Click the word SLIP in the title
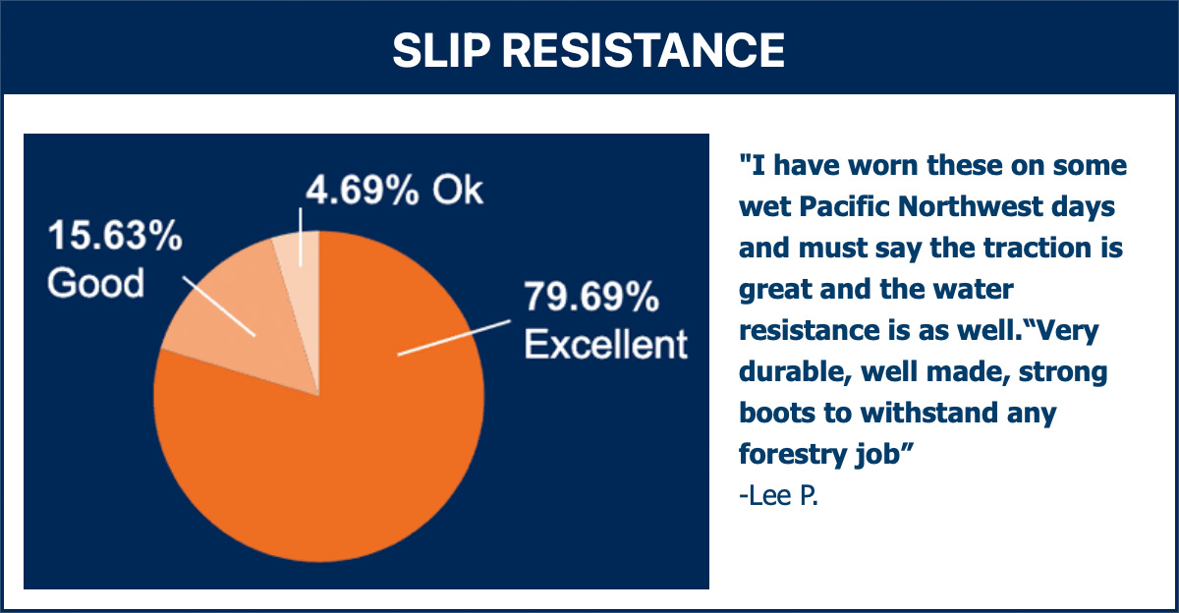(440, 50)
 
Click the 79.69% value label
(591, 298)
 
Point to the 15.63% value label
(115, 235)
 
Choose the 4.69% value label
(363, 190)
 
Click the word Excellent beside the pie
(606, 344)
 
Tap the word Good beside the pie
(96, 283)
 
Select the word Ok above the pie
(458, 190)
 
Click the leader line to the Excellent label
(454, 338)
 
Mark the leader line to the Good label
(219, 306)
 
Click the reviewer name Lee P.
(778, 495)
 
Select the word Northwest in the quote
(971, 205)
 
